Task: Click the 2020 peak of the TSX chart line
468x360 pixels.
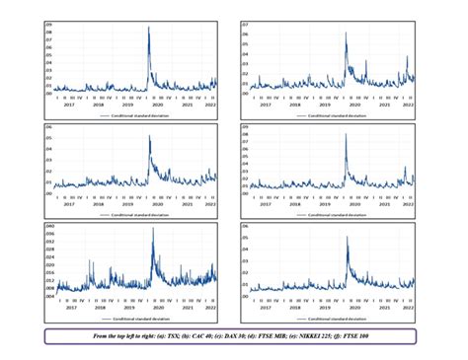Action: pos(148,28)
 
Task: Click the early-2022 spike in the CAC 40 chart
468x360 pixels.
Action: pos(408,57)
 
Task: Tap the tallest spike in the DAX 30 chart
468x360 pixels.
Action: pos(149,136)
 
